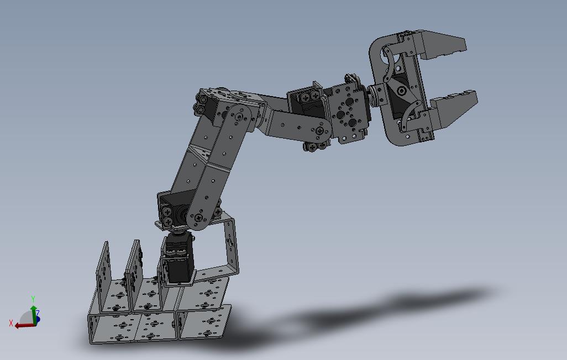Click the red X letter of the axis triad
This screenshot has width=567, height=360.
11,323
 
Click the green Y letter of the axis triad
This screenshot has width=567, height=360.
33,299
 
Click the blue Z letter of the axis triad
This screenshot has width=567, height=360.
38,313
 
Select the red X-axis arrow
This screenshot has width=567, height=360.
22,325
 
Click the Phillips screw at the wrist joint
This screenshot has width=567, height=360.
321,131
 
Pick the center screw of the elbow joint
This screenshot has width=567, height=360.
239,117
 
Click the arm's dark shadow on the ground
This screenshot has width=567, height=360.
359,315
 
